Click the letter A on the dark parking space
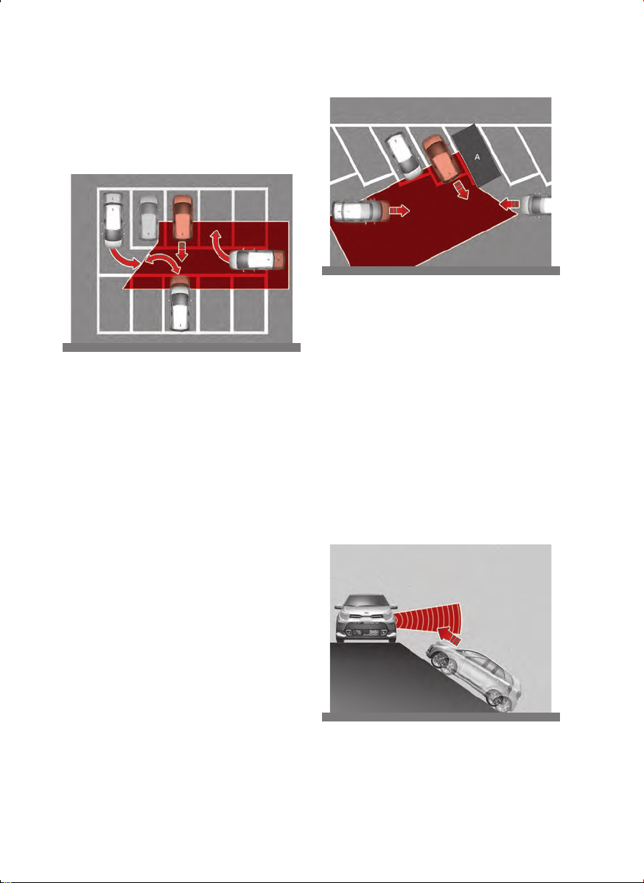[477, 157]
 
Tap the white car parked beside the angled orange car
[404, 153]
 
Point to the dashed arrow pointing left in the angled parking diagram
[510, 203]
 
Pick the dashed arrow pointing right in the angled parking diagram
[399, 211]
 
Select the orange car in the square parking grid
[182, 217]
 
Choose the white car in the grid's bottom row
[181, 303]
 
